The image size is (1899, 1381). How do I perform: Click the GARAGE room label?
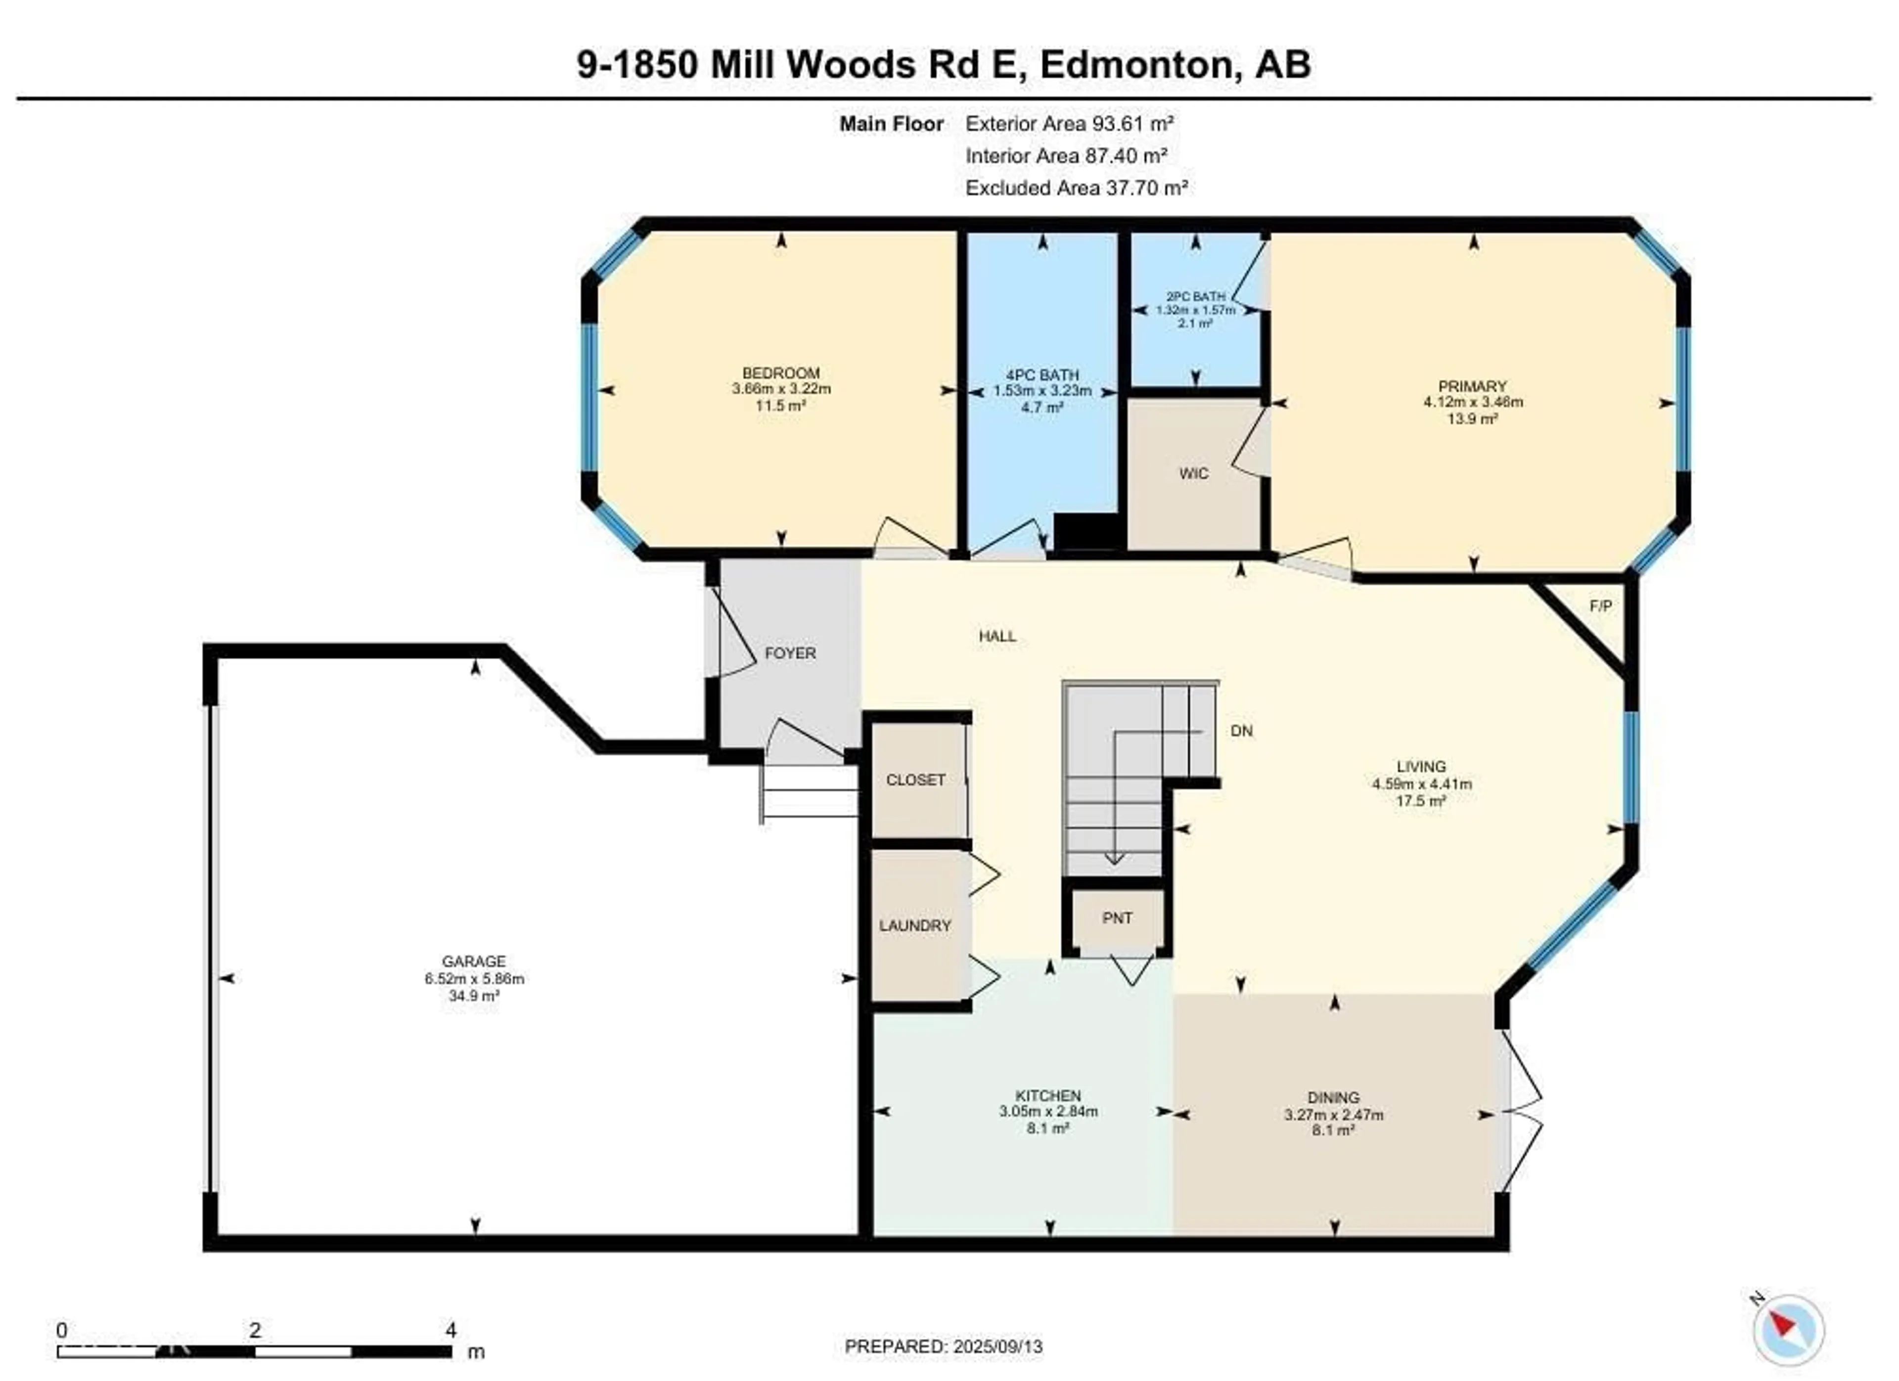click(x=474, y=962)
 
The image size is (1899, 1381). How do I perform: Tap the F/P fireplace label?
click(x=1600, y=605)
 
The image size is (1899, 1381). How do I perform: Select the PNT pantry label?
click(x=1117, y=919)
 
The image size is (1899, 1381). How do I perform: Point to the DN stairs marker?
click(x=1241, y=731)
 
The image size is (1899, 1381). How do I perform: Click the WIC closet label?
click(x=1193, y=474)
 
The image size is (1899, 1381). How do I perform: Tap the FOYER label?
click(x=790, y=653)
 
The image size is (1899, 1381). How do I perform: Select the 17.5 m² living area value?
click(x=1421, y=801)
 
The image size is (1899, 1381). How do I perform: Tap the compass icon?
click(x=1789, y=1330)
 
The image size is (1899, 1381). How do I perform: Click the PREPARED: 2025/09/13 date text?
click(x=944, y=1347)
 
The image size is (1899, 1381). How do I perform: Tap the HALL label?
click(x=997, y=637)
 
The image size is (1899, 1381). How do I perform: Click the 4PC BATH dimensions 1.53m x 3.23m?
click(x=1042, y=391)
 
